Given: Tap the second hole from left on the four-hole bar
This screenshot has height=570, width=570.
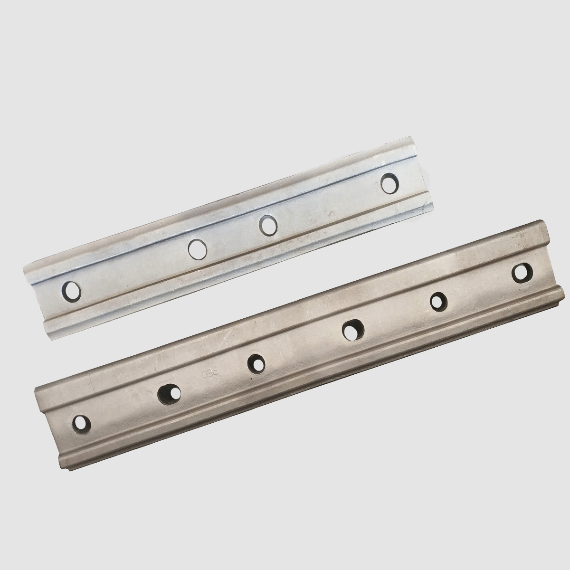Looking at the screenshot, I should [197, 248].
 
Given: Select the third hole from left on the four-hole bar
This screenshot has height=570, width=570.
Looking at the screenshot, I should [268, 225].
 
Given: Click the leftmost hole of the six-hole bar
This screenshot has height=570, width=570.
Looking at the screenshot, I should [81, 422].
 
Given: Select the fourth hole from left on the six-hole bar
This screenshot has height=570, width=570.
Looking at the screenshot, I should [353, 329].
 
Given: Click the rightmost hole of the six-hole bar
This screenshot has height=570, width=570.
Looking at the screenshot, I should [522, 271].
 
